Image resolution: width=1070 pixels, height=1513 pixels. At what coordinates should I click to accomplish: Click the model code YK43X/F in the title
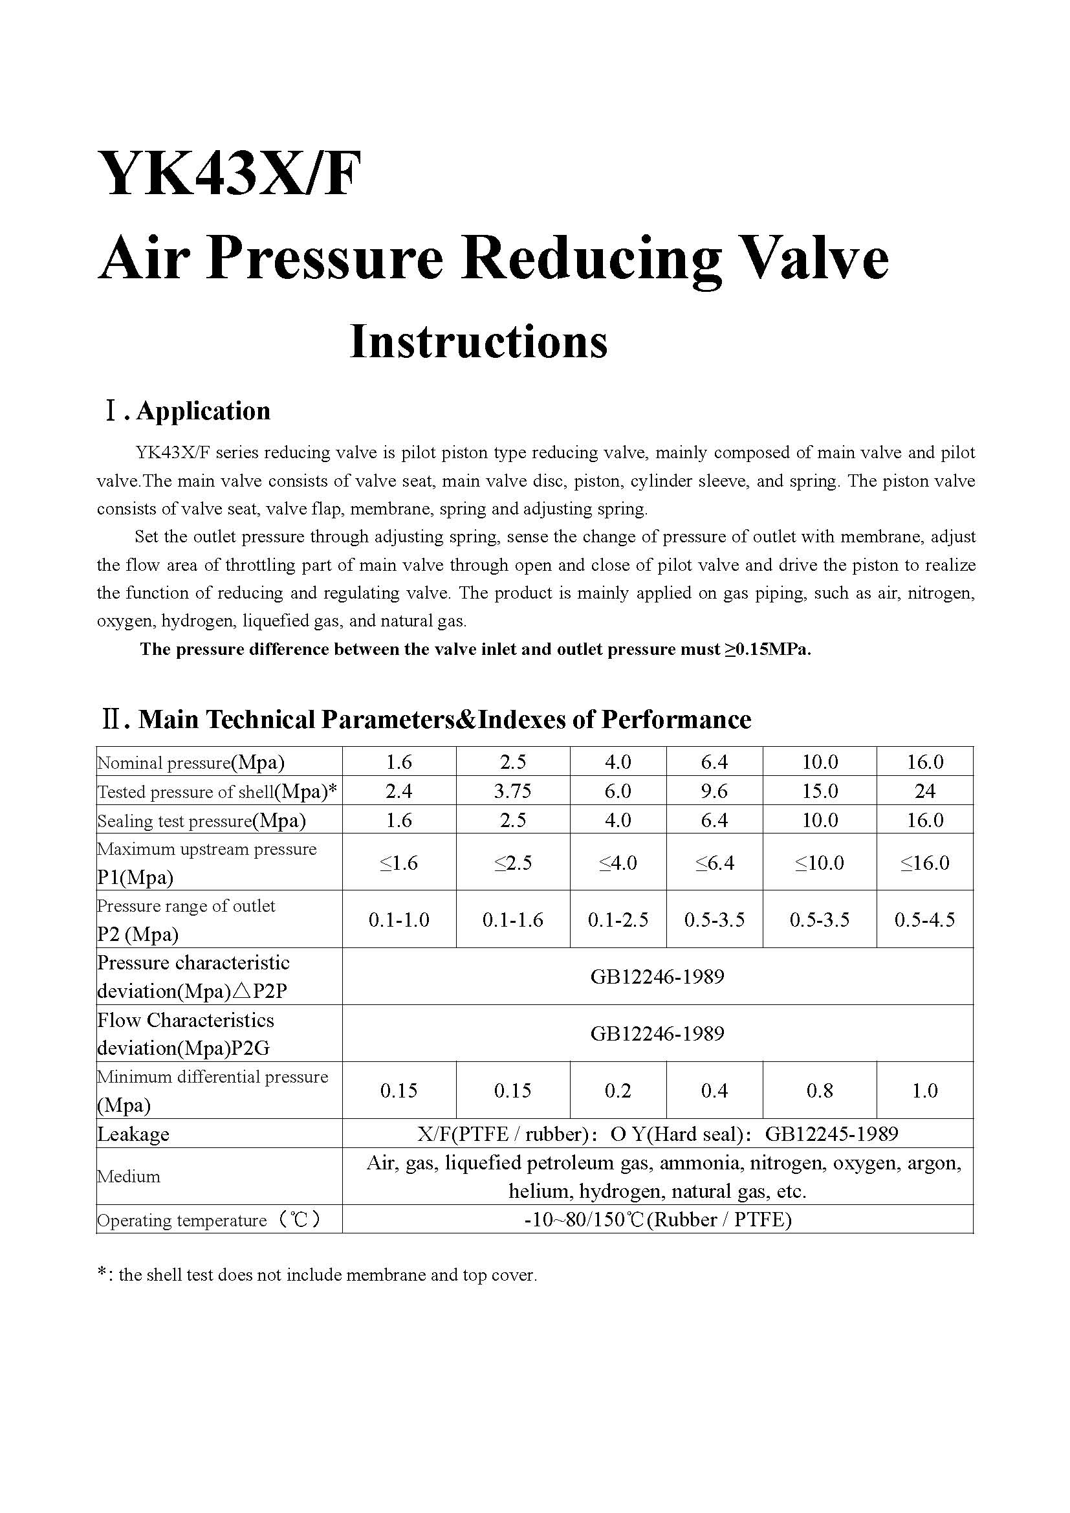click(229, 174)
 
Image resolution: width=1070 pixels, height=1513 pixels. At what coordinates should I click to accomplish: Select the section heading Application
click(203, 411)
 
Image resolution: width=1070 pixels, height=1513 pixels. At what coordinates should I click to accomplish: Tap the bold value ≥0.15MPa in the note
click(769, 650)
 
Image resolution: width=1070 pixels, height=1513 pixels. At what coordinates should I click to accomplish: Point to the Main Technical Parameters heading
click(444, 720)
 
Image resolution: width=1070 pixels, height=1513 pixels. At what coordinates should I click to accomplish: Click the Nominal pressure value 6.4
click(714, 762)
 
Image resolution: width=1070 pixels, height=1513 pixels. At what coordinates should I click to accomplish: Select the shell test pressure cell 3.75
click(512, 791)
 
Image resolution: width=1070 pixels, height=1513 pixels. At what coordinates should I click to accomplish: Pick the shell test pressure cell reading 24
click(924, 791)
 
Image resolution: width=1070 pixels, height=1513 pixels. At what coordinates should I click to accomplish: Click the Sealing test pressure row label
click(202, 821)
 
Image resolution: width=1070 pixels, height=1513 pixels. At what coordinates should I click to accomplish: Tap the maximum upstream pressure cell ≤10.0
click(819, 863)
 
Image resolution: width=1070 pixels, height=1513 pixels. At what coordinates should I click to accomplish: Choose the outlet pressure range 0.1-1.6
click(512, 920)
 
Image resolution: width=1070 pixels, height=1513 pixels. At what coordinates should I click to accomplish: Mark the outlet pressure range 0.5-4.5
click(924, 920)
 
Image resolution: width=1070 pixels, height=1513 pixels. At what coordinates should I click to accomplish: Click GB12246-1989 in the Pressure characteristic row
click(657, 977)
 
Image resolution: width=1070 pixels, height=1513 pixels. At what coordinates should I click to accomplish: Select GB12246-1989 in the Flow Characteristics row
click(657, 1033)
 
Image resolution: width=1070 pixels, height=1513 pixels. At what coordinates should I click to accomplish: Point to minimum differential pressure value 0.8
click(819, 1090)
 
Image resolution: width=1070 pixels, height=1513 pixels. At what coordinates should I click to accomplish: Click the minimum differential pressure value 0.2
click(617, 1090)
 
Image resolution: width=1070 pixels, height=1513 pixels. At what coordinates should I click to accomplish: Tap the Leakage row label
click(134, 1134)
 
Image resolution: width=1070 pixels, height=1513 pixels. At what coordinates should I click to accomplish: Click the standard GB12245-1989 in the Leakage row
click(831, 1134)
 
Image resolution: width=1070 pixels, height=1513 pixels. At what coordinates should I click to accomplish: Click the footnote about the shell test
click(317, 1275)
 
